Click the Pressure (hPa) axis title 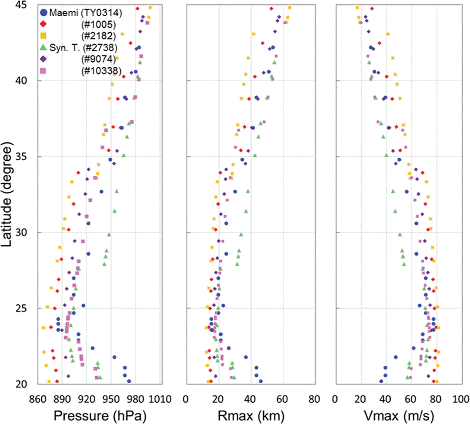100,416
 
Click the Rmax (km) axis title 251,416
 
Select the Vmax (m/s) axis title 399,416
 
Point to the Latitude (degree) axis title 7,194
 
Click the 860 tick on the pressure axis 38,399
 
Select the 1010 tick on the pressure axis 160,399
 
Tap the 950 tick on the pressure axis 111,399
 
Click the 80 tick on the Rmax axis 314,399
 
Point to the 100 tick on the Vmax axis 460,399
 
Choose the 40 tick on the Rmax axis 250,399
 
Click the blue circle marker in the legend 44,12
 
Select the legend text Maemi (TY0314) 86,13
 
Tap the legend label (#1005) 99,24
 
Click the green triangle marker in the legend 43,47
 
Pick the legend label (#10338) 101,71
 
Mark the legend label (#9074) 99,59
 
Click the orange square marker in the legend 43,36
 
